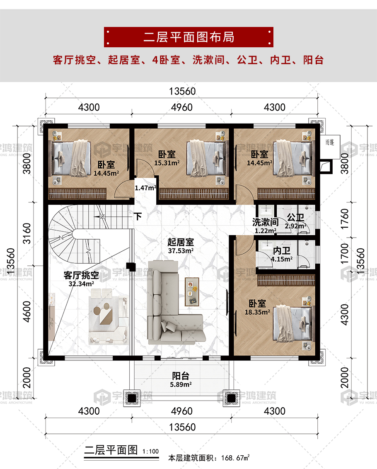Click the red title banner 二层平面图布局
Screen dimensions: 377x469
click(188, 37)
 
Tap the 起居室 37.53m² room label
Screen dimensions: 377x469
click(181, 246)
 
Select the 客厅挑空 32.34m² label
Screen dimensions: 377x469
click(81, 279)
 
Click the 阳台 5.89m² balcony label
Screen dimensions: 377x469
click(181, 379)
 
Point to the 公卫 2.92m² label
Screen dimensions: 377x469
click(295, 221)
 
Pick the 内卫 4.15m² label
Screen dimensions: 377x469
click(282, 255)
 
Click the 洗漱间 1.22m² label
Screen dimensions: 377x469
click(265, 226)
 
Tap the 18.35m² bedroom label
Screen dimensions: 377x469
click(257, 307)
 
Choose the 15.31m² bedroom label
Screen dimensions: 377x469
click(167, 158)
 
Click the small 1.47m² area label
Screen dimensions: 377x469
click(145, 188)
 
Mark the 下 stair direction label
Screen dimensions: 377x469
click(138, 216)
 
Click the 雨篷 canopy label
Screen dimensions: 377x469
click(330, 142)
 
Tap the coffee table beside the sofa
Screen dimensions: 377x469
click(192, 292)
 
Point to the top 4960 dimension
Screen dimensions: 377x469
click(181, 107)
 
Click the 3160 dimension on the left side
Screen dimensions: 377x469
click(27, 233)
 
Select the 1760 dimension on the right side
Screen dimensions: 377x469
click(344, 219)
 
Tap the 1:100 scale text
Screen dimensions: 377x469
click(150, 451)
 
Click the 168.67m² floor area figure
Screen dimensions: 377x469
click(235, 458)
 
